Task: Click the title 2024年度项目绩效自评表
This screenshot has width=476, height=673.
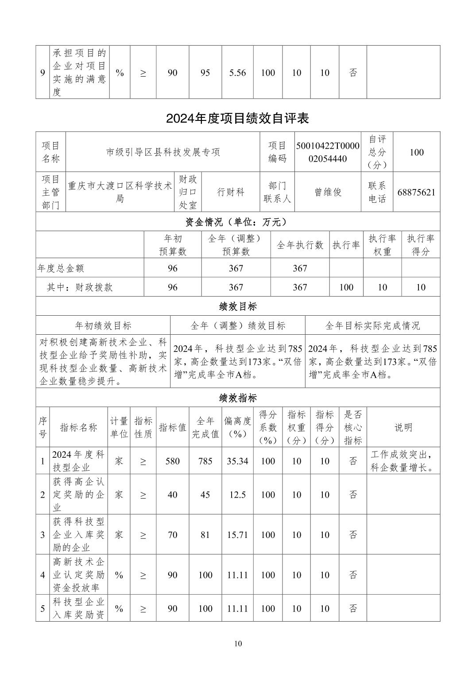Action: (237, 118)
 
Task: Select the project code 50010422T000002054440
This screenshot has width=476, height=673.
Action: (327, 152)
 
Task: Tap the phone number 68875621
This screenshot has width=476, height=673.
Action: (416, 192)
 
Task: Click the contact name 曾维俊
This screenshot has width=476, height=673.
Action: (327, 192)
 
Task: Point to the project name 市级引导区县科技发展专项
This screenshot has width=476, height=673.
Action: (163, 152)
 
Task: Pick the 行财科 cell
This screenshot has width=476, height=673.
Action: (230, 192)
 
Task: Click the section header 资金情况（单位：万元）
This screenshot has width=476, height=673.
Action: (237, 221)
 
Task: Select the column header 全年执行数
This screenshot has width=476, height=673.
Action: (300, 245)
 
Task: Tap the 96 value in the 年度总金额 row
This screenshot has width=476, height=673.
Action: (172, 268)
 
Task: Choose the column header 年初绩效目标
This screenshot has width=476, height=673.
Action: (103, 325)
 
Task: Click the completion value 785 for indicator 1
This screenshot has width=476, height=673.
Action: (205, 461)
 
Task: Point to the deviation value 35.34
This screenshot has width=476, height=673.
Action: (237, 461)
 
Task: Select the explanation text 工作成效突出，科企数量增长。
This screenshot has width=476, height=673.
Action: (402, 461)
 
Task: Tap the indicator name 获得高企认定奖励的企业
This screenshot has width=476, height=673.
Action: (79, 494)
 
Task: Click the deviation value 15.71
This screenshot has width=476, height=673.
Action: (237, 534)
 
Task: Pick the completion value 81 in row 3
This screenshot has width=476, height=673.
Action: (205, 534)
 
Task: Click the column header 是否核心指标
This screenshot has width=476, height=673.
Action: (352, 427)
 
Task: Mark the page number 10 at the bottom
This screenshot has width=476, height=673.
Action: (238, 643)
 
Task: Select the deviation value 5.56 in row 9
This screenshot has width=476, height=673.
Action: (237, 73)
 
